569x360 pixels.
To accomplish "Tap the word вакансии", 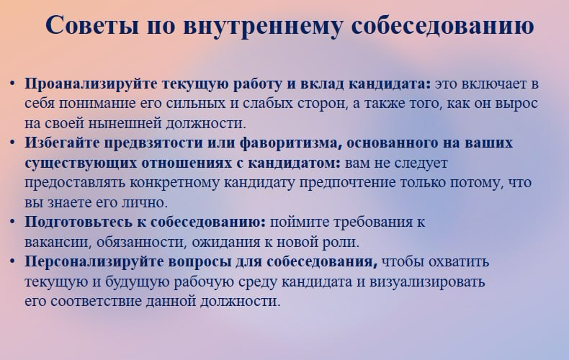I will pos(52,240).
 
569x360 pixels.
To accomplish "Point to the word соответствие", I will pos(86,300).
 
